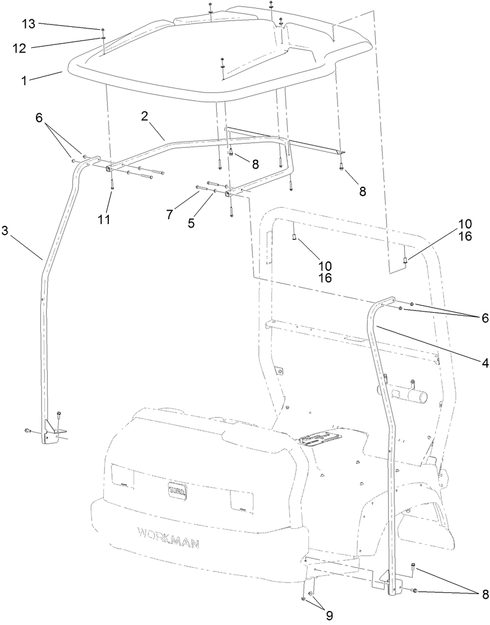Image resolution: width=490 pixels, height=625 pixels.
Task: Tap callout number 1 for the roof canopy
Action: point(24,81)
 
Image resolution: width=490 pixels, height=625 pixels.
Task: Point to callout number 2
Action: point(144,116)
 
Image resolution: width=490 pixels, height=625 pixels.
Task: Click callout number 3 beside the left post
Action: point(6,231)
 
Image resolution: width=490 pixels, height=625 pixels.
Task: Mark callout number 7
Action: point(170,215)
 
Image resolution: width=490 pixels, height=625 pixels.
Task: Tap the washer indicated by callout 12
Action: point(103,37)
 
